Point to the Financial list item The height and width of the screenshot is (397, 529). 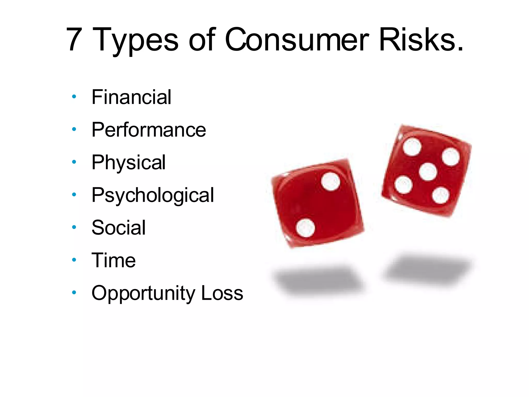[131, 97]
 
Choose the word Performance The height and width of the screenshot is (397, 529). [149, 129]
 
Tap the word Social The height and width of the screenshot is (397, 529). [119, 228]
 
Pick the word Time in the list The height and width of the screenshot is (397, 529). [114, 260]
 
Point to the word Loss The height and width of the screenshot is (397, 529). [222, 293]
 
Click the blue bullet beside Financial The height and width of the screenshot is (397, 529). [74, 97]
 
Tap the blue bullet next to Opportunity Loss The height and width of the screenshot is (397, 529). [74, 292]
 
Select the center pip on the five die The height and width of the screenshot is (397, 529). [428, 172]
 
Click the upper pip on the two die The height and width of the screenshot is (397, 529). [331, 181]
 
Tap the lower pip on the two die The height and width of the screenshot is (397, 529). [306, 228]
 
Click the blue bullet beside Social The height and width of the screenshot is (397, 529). [74, 227]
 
